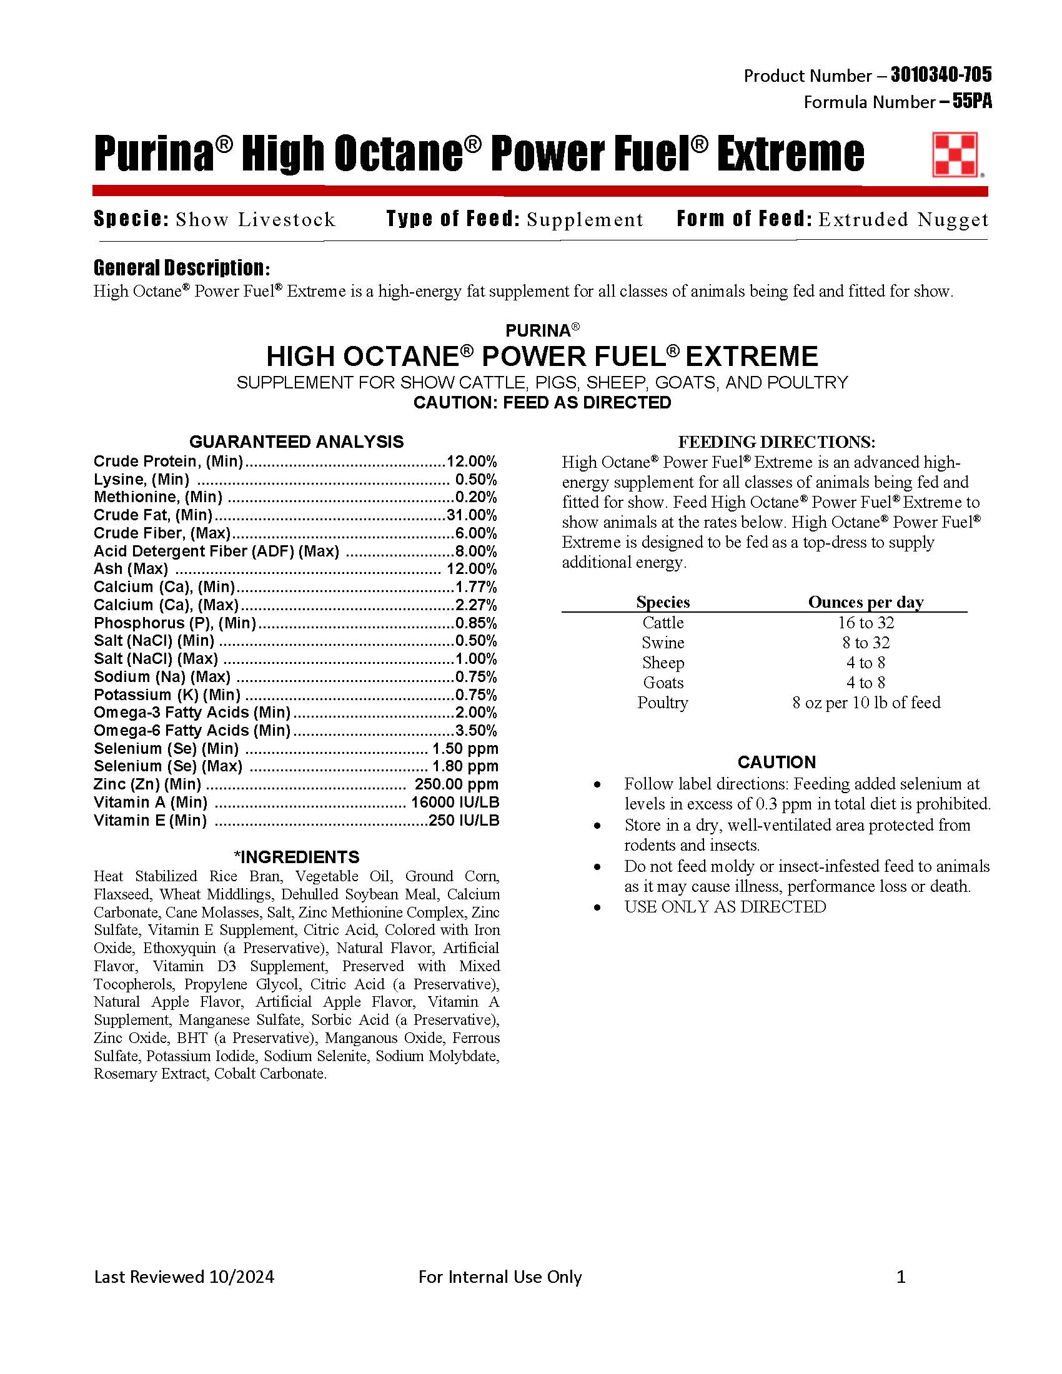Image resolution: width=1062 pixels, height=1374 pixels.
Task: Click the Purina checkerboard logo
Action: (955, 154)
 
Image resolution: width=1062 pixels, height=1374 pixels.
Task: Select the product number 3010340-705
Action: (941, 76)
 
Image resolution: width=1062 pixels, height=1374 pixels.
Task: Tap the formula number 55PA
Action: (972, 102)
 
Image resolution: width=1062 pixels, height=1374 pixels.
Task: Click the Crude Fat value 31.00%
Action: (472, 515)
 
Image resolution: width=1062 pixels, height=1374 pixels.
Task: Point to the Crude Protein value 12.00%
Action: (472, 461)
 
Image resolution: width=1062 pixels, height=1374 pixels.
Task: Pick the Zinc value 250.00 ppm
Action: (456, 784)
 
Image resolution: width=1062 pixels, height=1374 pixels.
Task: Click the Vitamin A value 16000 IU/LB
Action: (455, 802)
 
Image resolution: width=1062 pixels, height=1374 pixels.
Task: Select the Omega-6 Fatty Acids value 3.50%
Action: (476, 731)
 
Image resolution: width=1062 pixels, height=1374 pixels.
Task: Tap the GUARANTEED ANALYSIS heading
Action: (296, 442)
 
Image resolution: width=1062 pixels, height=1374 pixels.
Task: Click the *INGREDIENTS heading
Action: (296, 857)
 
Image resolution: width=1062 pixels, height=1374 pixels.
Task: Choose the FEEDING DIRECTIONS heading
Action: (777, 442)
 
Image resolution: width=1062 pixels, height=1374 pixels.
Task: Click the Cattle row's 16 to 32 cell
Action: (866, 623)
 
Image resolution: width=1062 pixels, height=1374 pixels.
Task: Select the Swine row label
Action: (662, 643)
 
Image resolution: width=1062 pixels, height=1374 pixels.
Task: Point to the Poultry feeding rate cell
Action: (866, 703)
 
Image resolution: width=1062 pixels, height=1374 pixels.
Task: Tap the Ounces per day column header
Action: (866, 602)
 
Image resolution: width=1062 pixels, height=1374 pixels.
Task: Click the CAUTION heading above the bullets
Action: (777, 762)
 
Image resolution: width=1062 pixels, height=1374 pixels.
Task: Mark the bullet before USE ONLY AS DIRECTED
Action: (597, 907)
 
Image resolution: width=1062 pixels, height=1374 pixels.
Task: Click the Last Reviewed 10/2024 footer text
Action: (184, 1277)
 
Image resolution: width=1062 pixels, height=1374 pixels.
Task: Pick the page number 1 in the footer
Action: (901, 1277)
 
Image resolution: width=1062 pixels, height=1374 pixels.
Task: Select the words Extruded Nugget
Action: (903, 220)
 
